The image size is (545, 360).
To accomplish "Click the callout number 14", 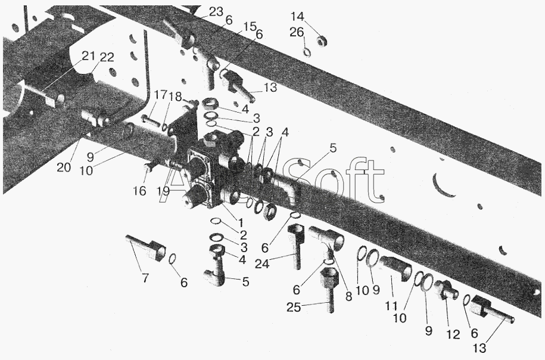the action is (x=298, y=16).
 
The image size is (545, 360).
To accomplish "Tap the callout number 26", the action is (x=297, y=32).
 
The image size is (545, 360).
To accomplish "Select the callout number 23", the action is (x=216, y=11).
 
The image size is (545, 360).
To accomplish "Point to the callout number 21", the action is (x=88, y=55).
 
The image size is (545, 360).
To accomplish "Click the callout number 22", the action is (x=107, y=57).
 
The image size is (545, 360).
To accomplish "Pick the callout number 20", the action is (x=64, y=167).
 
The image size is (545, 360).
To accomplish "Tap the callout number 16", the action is (x=140, y=191).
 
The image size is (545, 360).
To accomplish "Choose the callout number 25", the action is (x=294, y=307).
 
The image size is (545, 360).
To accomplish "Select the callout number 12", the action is (x=453, y=334).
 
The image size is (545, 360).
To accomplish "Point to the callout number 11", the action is (x=391, y=306).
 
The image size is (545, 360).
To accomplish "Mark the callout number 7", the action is (x=145, y=278).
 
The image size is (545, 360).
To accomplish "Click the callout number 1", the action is (x=240, y=222).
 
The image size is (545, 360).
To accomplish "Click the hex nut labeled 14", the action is (x=322, y=41).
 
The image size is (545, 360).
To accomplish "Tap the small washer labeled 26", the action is (x=307, y=52).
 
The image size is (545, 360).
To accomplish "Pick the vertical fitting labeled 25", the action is (x=329, y=289).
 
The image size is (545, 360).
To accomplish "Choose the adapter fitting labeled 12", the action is (x=446, y=290).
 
